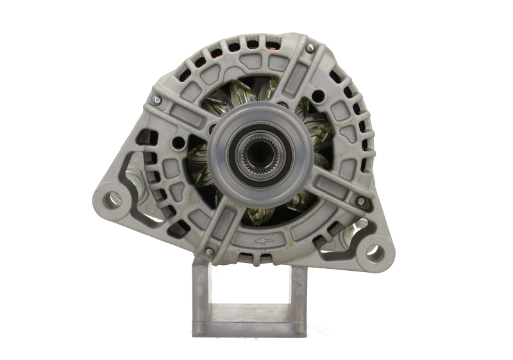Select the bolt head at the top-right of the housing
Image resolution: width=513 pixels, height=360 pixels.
pyautogui.click(x=310, y=47)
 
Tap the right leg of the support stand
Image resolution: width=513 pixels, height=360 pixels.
pyautogui.click(x=296, y=302)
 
